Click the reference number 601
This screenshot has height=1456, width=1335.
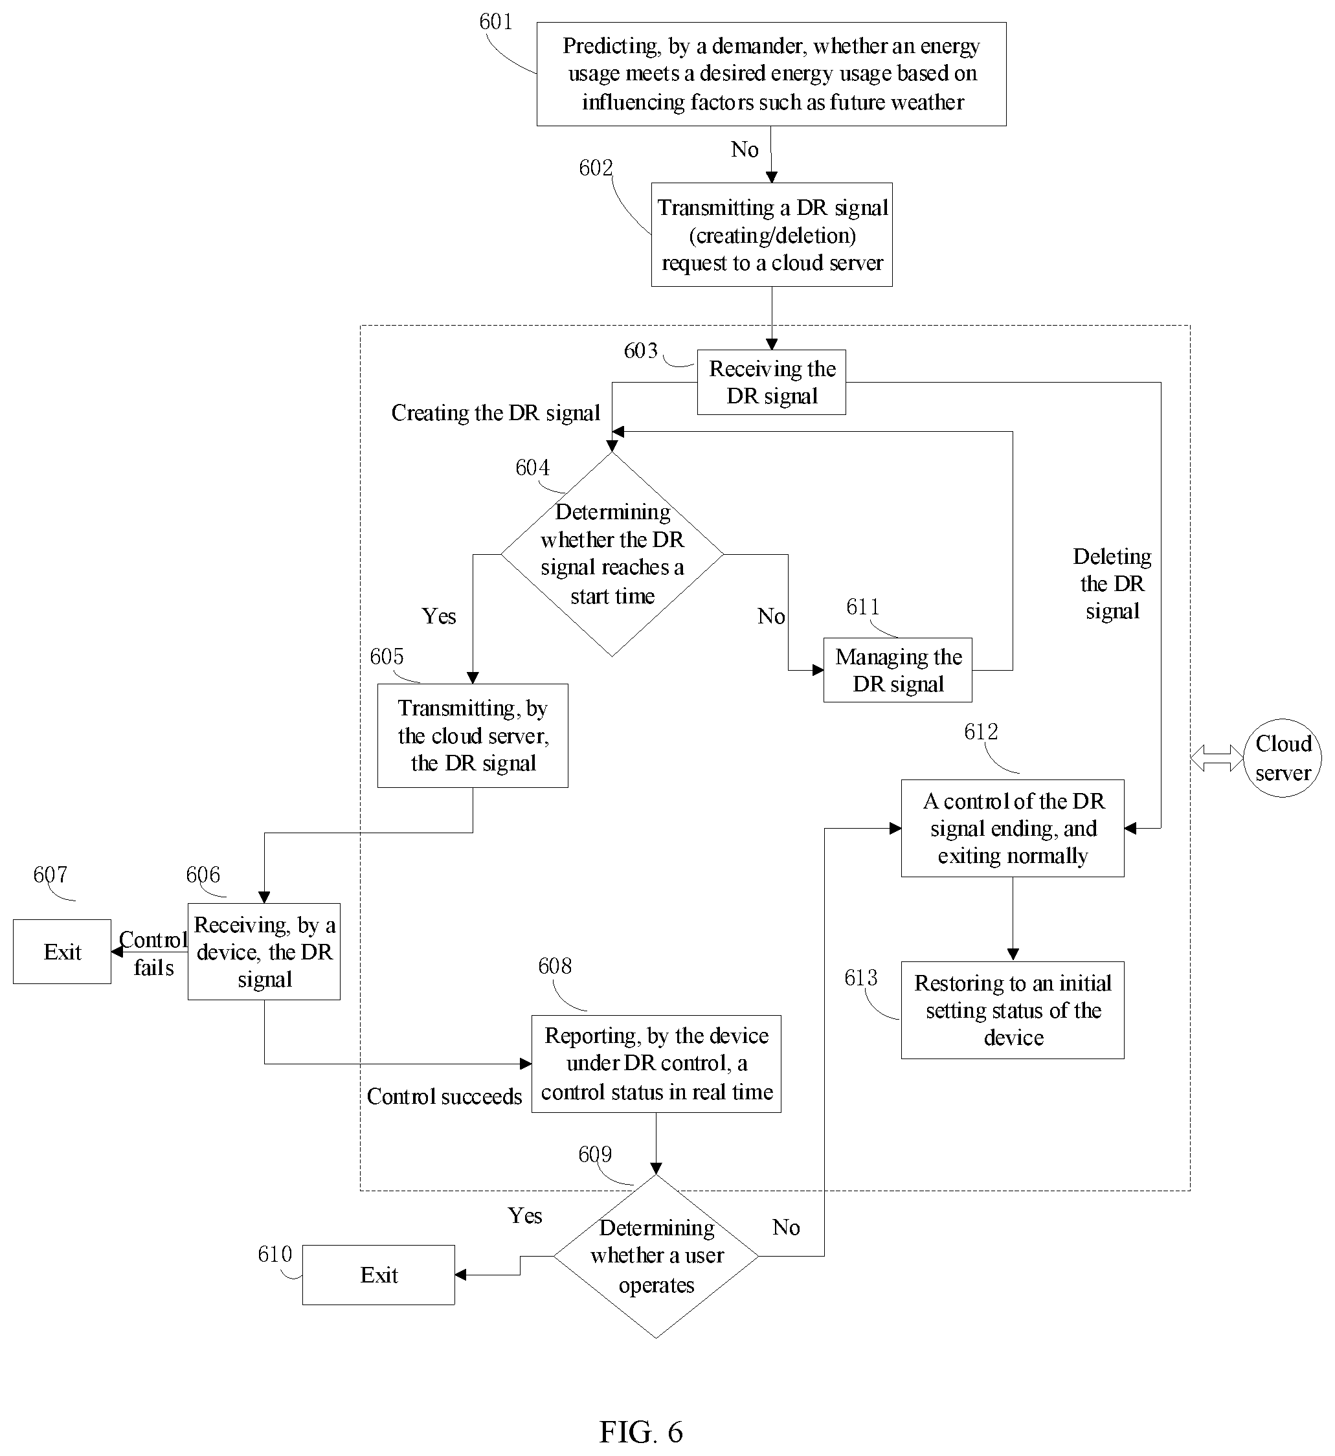pyautogui.click(x=495, y=21)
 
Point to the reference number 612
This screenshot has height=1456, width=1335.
pyautogui.click(x=981, y=732)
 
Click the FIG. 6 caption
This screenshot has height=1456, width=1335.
pyautogui.click(x=641, y=1431)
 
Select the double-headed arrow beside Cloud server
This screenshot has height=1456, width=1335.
pyautogui.click(x=1217, y=758)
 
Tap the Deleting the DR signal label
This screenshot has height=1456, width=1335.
pyautogui.click(x=1112, y=583)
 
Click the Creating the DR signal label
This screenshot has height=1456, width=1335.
pyautogui.click(x=495, y=412)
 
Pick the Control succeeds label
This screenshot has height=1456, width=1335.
pyautogui.click(x=444, y=1095)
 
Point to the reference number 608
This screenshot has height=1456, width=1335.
pyautogui.click(x=555, y=966)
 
